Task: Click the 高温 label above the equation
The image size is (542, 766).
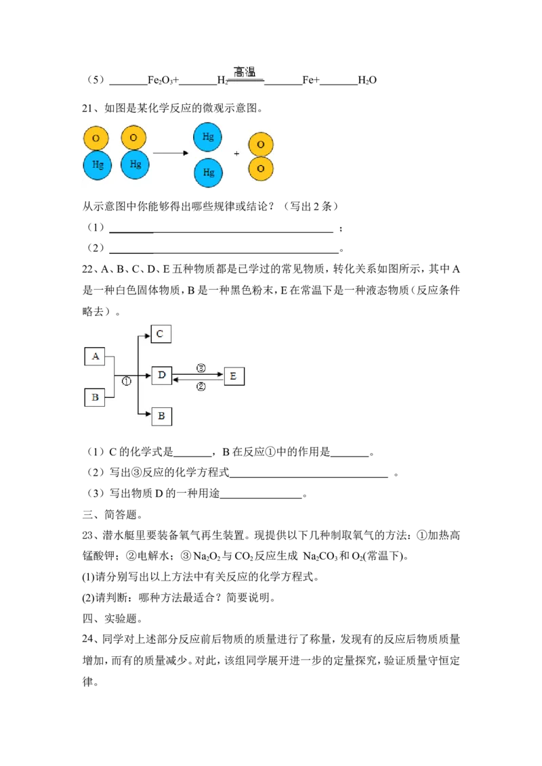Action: click(244, 72)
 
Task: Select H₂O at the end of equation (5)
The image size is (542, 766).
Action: click(367, 80)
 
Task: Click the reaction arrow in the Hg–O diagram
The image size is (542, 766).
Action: click(171, 154)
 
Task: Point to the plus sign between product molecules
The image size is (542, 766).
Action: click(236, 154)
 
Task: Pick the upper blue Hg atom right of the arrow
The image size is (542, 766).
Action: click(208, 137)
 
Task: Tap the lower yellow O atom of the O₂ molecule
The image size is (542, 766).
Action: click(261, 169)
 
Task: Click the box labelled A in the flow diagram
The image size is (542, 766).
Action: click(95, 357)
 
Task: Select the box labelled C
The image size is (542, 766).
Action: click(161, 334)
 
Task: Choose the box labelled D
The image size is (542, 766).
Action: click(161, 376)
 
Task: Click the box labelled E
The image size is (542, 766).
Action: click(234, 376)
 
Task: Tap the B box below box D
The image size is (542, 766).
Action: click(161, 416)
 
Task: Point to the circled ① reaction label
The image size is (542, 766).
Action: click(126, 382)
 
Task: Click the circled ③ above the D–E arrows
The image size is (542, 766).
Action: click(201, 368)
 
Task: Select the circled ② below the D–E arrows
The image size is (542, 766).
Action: click(201, 387)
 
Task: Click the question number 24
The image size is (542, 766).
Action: click(88, 639)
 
